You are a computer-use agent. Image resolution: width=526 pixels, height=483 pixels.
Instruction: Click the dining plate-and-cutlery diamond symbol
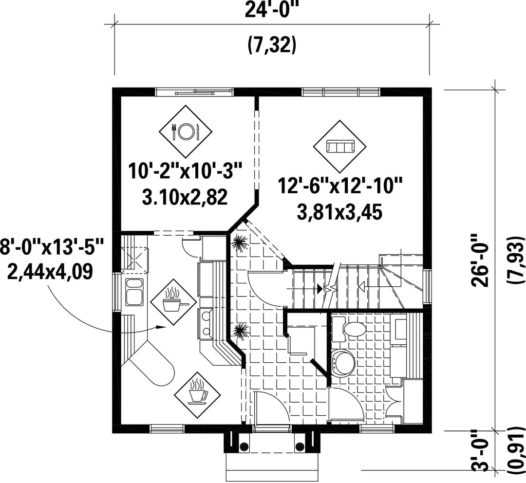click(x=186, y=131)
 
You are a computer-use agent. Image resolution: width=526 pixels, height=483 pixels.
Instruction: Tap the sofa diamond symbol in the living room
click(x=340, y=146)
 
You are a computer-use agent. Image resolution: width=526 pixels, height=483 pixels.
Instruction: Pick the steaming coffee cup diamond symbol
click(x=197, y=393)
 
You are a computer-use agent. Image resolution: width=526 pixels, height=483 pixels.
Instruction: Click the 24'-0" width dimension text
click(x=272, y=10)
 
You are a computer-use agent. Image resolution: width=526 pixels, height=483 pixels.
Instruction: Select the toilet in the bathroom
click(x=349, y=329)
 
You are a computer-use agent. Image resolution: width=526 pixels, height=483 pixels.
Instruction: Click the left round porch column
click(x=244, y=446)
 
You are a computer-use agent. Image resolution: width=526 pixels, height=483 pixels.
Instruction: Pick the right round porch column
click(x=299, y=446)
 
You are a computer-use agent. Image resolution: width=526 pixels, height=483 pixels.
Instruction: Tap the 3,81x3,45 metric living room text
click(x=340, y=212)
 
